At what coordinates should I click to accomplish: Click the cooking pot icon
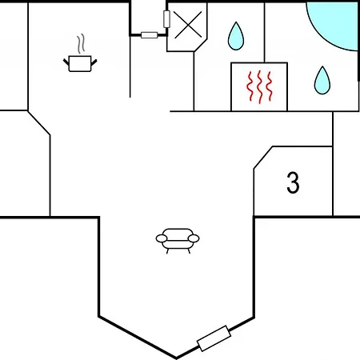(x=80, y=63)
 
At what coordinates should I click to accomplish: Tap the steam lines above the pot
(x=81, y=43)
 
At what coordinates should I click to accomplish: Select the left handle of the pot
(x=66, y=62)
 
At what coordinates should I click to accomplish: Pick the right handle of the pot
(x=94, y=62)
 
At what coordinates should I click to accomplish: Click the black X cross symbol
(x=188, y=25)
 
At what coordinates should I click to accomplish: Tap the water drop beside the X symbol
(x=236, y=36)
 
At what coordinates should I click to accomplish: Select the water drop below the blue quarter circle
(x=322, y=80)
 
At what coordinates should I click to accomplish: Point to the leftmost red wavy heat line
(x=250, y=86)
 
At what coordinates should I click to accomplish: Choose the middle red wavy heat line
(x=260, y=87)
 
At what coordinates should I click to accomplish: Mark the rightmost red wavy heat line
(x=269, y=86)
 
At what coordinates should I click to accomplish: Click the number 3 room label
(x=293, y=182)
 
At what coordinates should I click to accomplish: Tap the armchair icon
(x=178, y=241)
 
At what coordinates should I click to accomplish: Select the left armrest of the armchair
(x=162, y=238)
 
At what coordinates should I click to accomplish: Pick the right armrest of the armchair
(x=194, y=238)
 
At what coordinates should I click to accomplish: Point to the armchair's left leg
(x=168, y=251)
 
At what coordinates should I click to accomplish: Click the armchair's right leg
(x=189, y=251)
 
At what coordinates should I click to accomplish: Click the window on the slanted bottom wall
(x=214, y=338)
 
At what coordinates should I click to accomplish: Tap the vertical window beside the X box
(x=166, y=19)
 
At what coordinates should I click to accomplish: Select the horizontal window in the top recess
(x=150, y=35)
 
